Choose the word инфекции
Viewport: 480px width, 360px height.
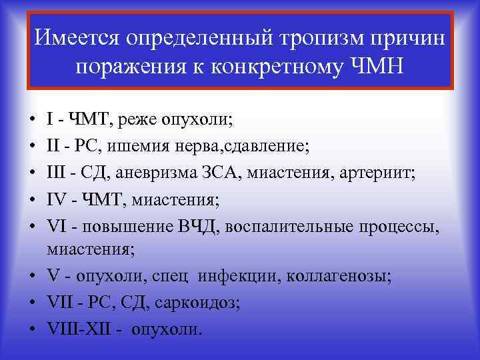click(x=246, y=275)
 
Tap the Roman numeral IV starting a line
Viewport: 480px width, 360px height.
click(x=56, y=201)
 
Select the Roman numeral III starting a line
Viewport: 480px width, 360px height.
click(x=57, y=173)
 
